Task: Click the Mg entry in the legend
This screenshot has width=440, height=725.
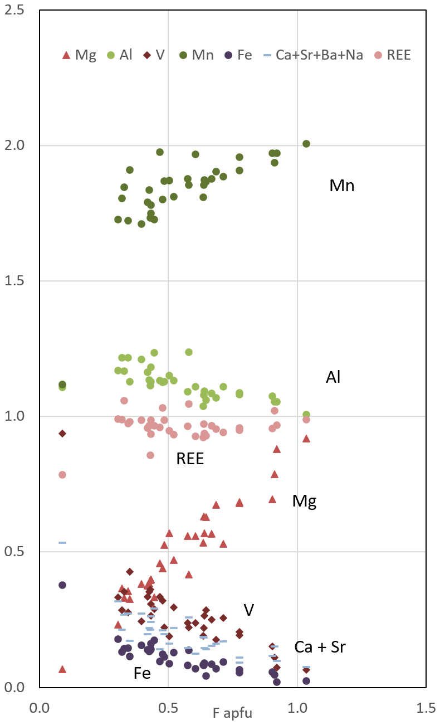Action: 79,55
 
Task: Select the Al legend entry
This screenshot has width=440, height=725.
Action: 120,55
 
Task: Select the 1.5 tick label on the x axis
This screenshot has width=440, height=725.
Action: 426,708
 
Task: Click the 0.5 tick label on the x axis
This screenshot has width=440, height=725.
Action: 168,708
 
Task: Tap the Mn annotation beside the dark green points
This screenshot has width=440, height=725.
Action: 342,186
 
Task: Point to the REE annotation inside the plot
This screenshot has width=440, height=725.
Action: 190,459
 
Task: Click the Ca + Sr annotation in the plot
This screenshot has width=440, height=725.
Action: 320,647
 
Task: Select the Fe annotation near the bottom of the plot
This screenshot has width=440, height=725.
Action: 142,673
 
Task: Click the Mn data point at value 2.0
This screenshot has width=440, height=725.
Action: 306,144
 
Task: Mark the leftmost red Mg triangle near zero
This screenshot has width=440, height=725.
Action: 62,669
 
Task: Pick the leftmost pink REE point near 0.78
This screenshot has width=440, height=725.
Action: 62,475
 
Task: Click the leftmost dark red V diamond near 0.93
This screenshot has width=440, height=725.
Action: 62,434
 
